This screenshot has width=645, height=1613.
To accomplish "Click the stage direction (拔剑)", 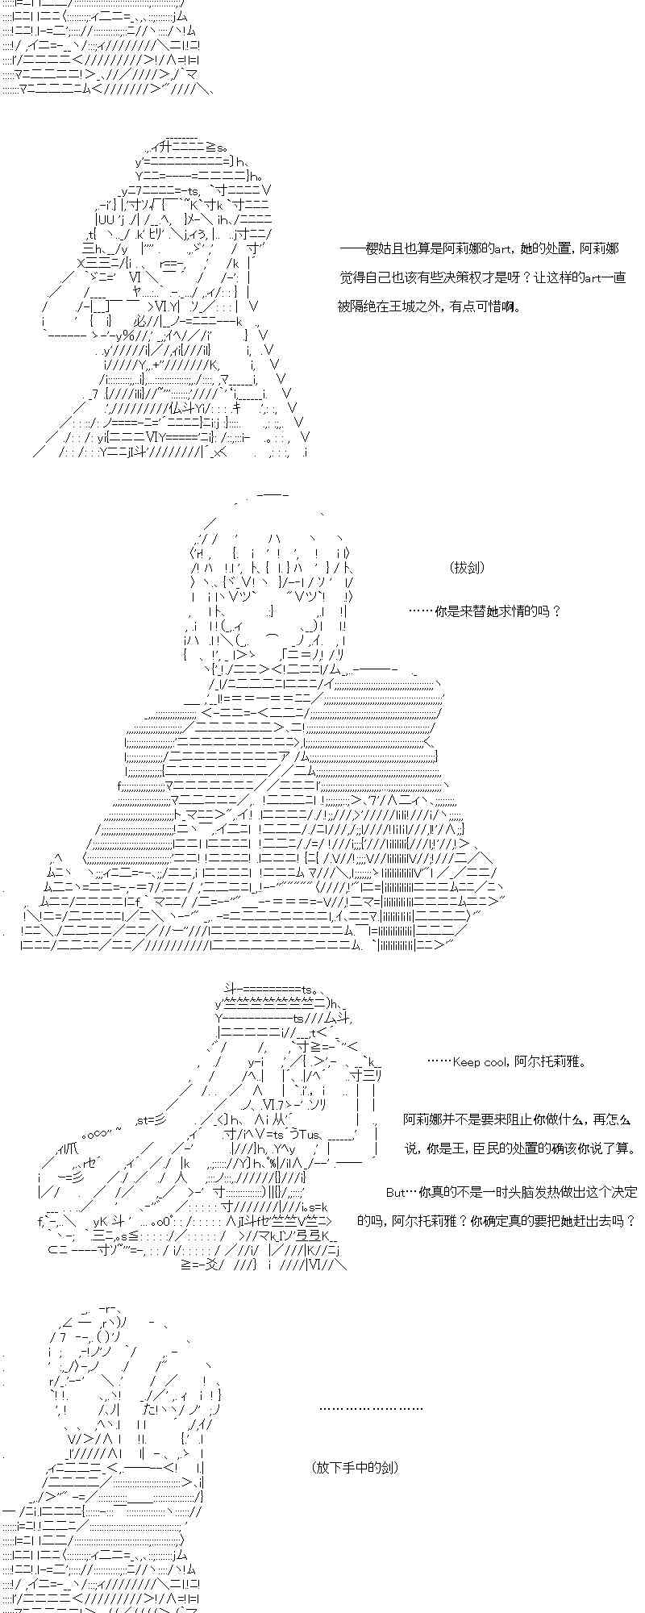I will tap(468, 568).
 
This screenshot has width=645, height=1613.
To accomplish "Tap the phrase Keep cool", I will tap(481, 1062).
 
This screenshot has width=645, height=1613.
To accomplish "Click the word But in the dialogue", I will tap(394, 1192).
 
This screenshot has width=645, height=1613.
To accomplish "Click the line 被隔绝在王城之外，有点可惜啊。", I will tap(430, 306).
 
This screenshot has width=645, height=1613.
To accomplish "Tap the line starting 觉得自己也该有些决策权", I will tap(483, 277).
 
